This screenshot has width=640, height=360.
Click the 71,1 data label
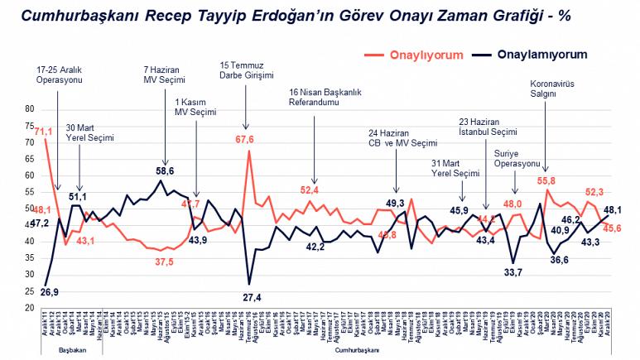pos(44,131)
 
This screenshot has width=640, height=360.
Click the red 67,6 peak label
pos(245,139)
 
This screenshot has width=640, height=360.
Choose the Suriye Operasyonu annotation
pos(517,158)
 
